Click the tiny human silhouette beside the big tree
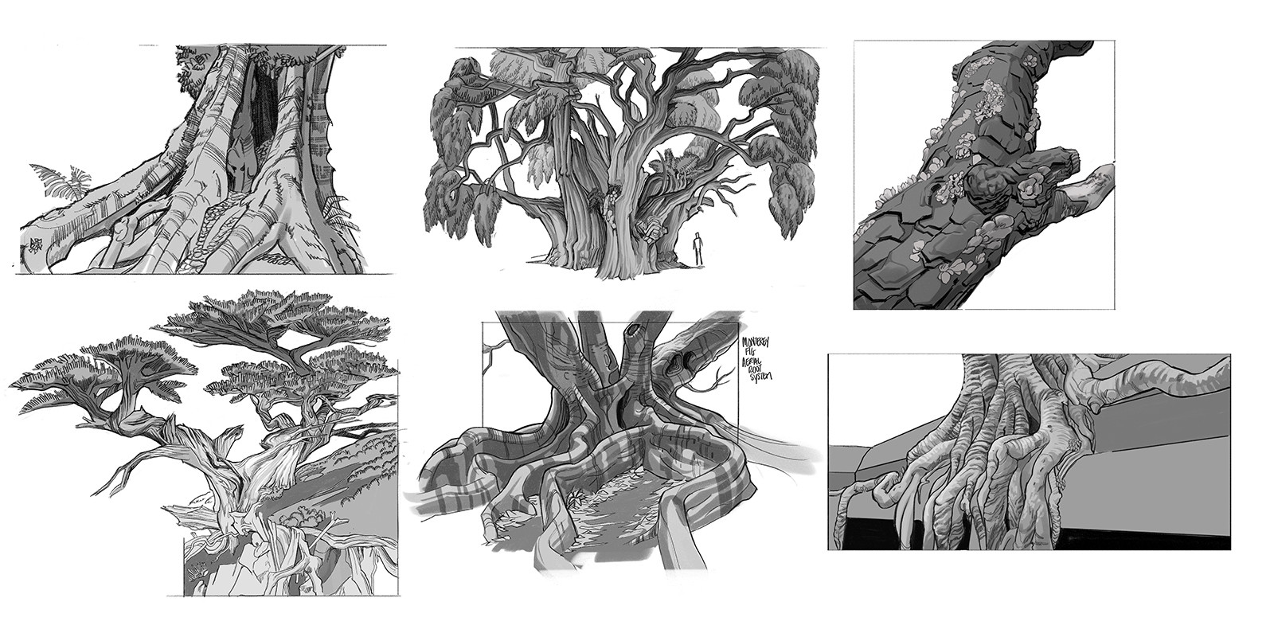point(698,248)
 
